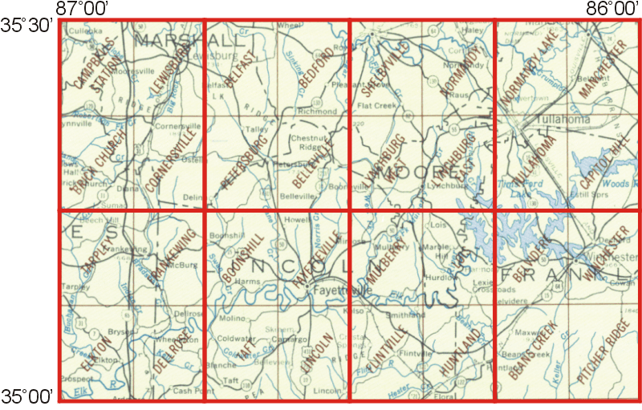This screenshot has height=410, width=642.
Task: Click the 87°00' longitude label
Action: tap(83, 8)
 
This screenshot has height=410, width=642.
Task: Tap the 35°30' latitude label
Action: tap(26, 26)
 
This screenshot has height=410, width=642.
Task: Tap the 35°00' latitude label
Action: tap(26, 396)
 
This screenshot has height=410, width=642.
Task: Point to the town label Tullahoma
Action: tap(557, 120)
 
